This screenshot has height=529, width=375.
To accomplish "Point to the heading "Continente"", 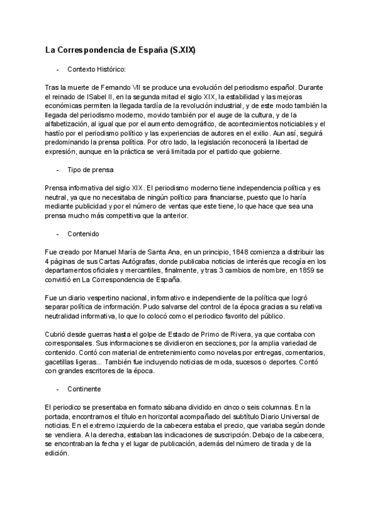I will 87,389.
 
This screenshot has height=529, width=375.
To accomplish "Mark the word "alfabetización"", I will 67,124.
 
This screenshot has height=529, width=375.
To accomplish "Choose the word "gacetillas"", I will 62,362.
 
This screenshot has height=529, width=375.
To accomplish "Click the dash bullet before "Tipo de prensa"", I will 57,170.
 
